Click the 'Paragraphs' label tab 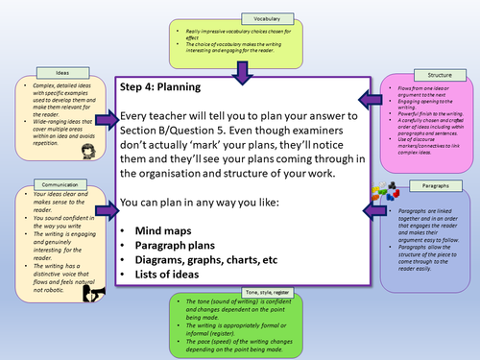click(434, 183)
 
